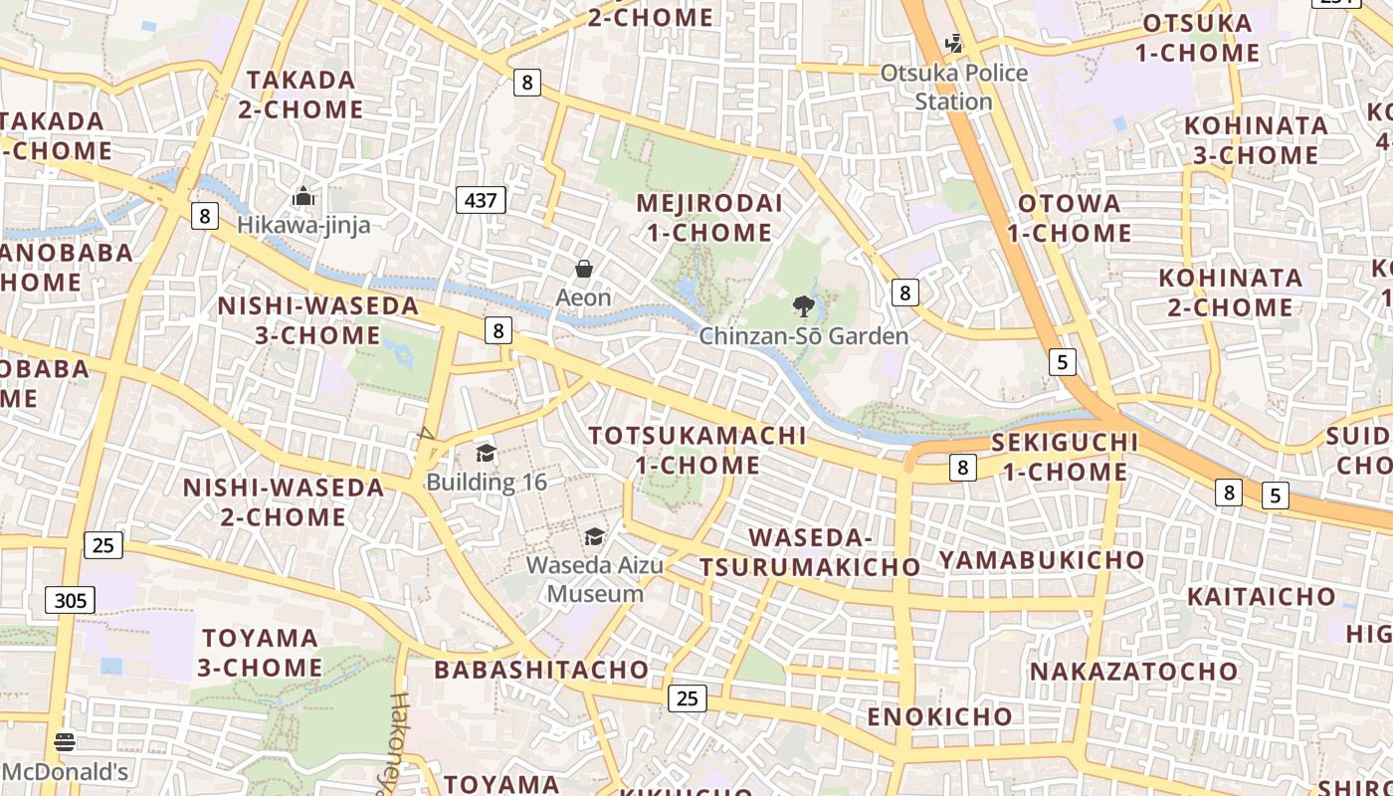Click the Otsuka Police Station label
(x=954, y=88)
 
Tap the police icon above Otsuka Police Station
(x=954, y=43)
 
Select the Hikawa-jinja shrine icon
(x=303, y=196)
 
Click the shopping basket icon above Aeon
(x=584, y=269)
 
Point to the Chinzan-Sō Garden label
(x=804, y=336)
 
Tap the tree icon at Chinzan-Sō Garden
(x=803, y=306)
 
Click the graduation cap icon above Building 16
(x=486, y=454)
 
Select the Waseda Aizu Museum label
(x=595, y=579)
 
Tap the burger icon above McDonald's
(x=65, y=742)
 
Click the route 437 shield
(x=481, y=200)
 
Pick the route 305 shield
(x=70, y=600)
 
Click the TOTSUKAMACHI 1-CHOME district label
(x=697, y=450)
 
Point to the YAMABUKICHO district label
(x=1042, y=560)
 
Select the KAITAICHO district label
(x=1262, y=597)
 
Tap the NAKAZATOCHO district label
(x=1133, y=671)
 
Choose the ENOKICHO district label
(x=939, y=716)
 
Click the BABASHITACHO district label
(x=541, y=670)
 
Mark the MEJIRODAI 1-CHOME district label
(x=708, y=218)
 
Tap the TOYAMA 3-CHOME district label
(x=259, y=653)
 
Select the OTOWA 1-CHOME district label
(x=1070, y=218)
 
